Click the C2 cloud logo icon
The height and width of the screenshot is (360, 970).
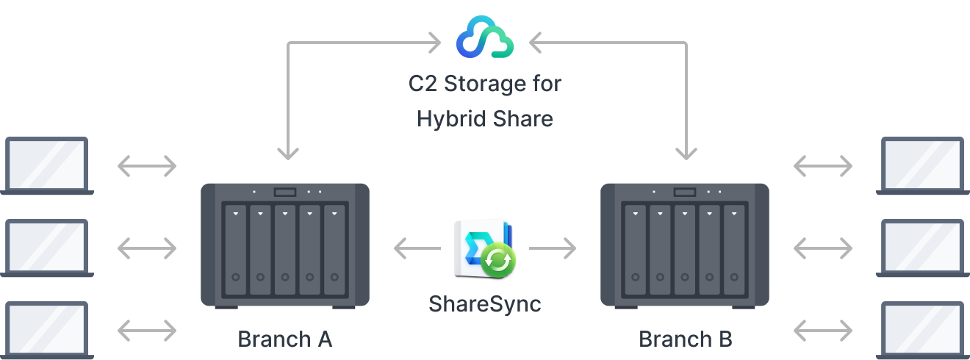[x=484, y=37]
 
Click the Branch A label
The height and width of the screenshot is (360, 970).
[x=285, y=339]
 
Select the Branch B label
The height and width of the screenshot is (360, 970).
[x=685, y=339]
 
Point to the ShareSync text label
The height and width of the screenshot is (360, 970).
[x=484, y=303]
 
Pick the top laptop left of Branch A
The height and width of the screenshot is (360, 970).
[x=46, y=166]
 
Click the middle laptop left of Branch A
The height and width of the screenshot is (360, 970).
[x=46, y=248]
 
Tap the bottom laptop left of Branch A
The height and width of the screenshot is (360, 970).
[x=46, y=329]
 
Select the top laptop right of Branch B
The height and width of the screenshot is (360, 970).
[x=923, y=166]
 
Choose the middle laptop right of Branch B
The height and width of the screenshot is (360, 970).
[x=923, y=248]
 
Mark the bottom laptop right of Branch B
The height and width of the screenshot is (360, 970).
[x=923, y=329]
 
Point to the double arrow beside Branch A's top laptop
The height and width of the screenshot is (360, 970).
[x=147, y=167]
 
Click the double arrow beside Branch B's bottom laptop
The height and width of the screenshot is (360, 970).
[x=823, y=329]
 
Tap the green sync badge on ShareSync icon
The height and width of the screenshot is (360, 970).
[x=498, y=259]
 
